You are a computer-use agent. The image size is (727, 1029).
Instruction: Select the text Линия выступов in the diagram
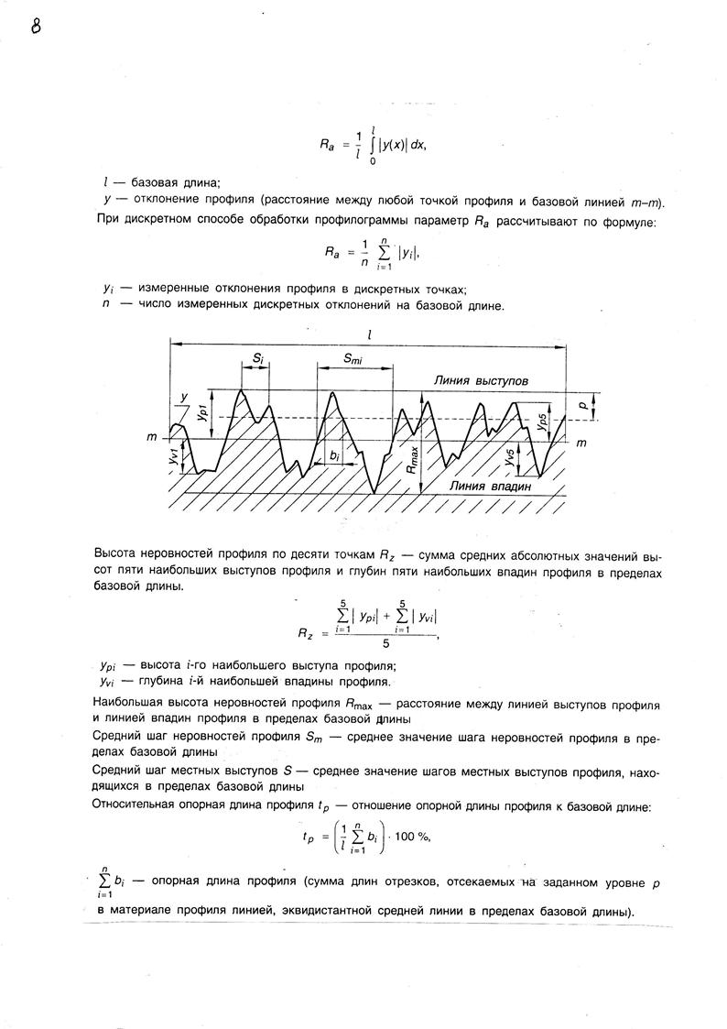[480, 379]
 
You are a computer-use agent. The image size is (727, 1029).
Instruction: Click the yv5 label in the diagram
[509, 455]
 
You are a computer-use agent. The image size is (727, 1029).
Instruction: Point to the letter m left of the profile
[152, 439]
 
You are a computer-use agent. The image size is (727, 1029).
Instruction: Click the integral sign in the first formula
[372, 143]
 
